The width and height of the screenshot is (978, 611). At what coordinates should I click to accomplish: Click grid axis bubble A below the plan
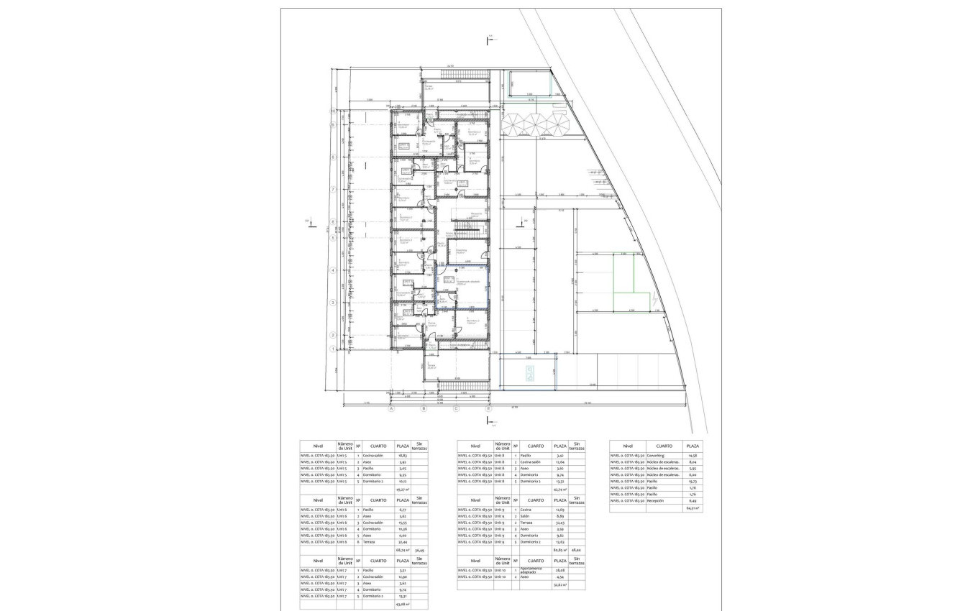coord(391,409)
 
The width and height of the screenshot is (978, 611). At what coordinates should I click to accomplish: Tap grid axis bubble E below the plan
coord(489,409)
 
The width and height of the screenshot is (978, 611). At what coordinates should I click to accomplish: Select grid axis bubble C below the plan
coord(456,409)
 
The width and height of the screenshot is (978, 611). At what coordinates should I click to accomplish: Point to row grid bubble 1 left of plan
coord(333,349)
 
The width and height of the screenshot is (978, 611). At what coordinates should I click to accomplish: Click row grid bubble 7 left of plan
coord(333,189)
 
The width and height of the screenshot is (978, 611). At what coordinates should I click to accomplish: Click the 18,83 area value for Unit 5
coord(403,455)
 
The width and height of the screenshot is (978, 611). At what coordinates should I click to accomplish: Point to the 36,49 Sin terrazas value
coord(421,550)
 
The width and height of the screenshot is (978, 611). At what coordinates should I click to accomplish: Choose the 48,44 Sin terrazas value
coord(576,550)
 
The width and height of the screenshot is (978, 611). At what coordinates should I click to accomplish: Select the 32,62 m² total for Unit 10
coord(560,585)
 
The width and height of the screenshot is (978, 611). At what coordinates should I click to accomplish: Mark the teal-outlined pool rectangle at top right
coord(531,84)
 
